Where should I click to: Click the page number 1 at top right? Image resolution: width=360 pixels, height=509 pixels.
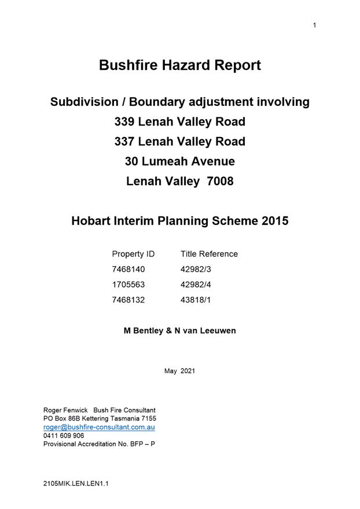pos(314,25)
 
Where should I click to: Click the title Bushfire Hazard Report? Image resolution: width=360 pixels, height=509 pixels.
pos(180,65)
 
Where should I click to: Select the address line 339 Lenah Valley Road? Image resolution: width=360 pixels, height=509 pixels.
pos(180,122)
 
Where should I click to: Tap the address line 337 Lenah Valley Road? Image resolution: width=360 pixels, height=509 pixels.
pos(180,142)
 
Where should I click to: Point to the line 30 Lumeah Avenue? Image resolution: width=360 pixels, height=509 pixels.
pos(180,161)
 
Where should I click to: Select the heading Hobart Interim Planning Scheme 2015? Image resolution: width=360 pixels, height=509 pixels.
pos(180,221)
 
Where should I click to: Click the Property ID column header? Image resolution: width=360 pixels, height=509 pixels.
pos(133,254)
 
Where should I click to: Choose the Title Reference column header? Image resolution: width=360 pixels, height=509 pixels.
pos(209,254)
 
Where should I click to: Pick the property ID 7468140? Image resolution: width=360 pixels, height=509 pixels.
pos(128,270)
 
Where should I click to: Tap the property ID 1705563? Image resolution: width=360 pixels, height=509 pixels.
pos(128,285)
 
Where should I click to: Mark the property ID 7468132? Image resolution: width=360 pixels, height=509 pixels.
pos(128,300)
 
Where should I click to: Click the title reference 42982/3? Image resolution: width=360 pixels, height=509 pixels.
pos(197,270)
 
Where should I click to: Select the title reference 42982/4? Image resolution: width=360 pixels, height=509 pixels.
pos(197,285)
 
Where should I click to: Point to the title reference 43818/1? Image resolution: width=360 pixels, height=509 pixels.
pos(197,300)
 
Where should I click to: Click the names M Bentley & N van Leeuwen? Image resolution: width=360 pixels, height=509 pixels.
pos(180,331)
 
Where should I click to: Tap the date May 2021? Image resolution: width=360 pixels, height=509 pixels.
pos(180,371)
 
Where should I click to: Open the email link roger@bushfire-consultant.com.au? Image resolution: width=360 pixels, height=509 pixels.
pos(99,427)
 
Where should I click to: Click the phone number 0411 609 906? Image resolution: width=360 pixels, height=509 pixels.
pos(64,436)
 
